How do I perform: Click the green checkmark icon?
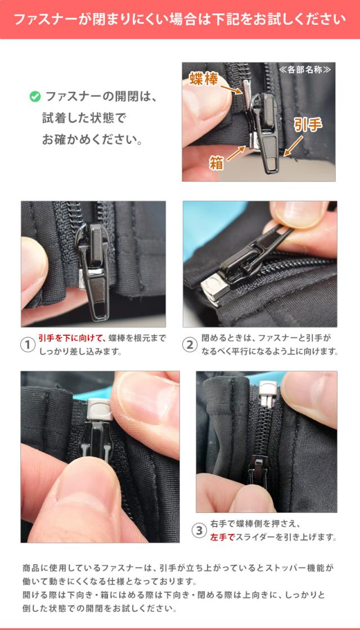tap(35, 97)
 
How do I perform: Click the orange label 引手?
tap(308, 125)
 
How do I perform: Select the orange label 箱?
tap(216, 163)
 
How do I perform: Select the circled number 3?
tap(199, 530)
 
